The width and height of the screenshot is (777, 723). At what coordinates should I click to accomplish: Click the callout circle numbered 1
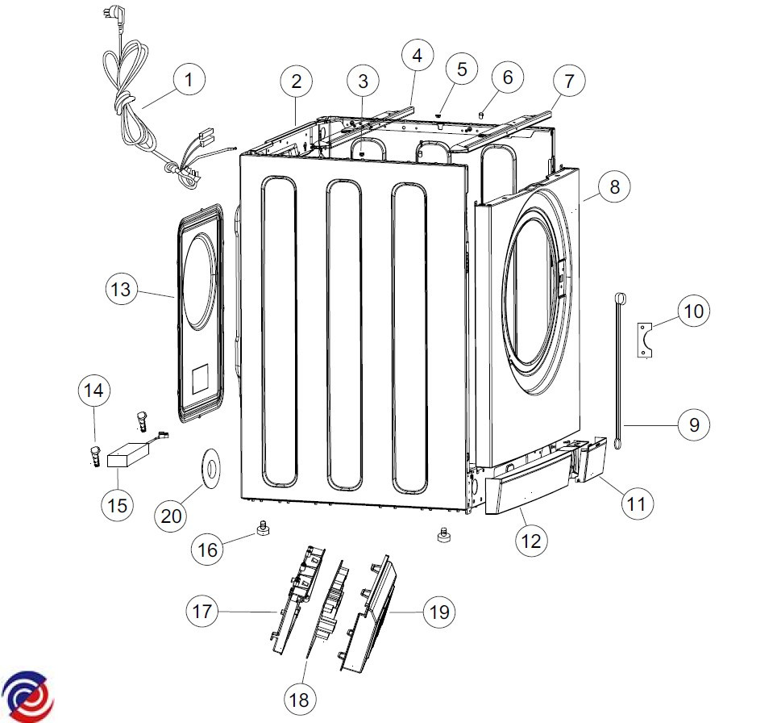pyautogui.click(x=189, y=79)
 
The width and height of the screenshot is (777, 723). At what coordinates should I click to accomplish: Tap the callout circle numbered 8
pyautogui.click(x=614, y=187)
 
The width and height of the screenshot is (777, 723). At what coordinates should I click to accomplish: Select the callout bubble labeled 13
pyautogui.click(x=121, y=290)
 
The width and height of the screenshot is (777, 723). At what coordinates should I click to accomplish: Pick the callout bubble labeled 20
pyautogui.click(x=171, y=516)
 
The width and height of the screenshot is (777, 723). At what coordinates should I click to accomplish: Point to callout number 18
pyautogui.click(x=299, y=700)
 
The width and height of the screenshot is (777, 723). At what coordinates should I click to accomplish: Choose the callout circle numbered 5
pyautogui.click(x=461, y=69)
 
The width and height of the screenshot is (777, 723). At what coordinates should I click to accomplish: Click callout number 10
pyautogui.click(x=694, y=311)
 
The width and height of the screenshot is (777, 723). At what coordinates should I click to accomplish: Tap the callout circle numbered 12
pyautogui.click(x=531, y=541)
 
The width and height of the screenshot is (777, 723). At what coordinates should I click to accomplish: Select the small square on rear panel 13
pyautogui.click(x=200, y=378)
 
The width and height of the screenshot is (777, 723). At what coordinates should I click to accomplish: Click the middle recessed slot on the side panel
pyautogui.click(x=344, y=335)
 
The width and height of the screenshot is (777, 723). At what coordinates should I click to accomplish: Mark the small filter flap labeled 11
pyautogui.click(x=592, y=459)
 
